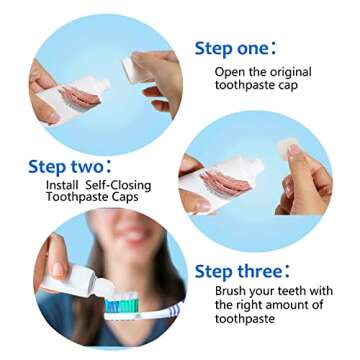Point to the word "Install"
coord(65,185)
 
